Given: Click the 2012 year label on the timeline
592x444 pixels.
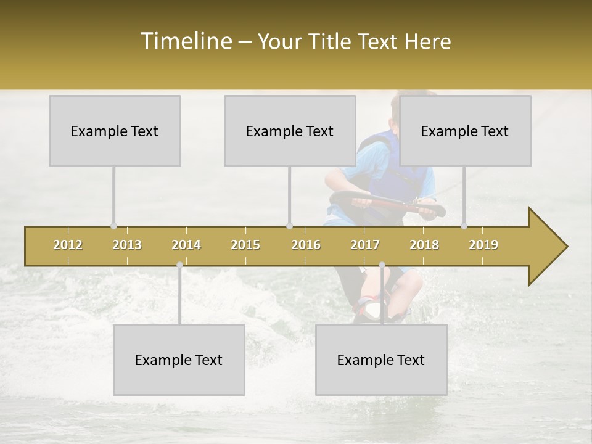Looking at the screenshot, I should coord(68,245).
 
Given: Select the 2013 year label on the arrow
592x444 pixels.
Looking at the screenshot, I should coord(127,245).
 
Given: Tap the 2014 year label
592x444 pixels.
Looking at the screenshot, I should coord(186,245).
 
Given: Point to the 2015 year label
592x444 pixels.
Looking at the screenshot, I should coord(245,245).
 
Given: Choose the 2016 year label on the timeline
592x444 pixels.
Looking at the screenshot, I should coord(306,245).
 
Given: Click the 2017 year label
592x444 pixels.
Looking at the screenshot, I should coord(365,245).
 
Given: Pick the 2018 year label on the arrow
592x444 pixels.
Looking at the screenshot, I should coord(424,245).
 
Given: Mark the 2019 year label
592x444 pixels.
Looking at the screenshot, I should coord(483,245).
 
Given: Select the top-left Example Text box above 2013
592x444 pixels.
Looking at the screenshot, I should coord(115,131).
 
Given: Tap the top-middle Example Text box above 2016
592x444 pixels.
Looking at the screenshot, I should coord(290,131).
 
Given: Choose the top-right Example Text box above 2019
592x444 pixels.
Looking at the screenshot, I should coord(465,131).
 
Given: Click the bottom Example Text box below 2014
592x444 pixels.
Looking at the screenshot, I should coord(179,360).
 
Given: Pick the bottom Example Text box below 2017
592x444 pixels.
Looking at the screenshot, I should coord(381,360).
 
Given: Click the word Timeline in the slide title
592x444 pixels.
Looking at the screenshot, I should coord(185,41).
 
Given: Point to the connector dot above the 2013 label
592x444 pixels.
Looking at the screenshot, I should coord(113,226).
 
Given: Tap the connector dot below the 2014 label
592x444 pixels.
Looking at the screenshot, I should coord(179,265).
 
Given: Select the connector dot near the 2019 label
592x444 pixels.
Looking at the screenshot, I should coord(464,226).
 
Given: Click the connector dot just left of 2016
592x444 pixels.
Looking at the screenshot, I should coord(289,226).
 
